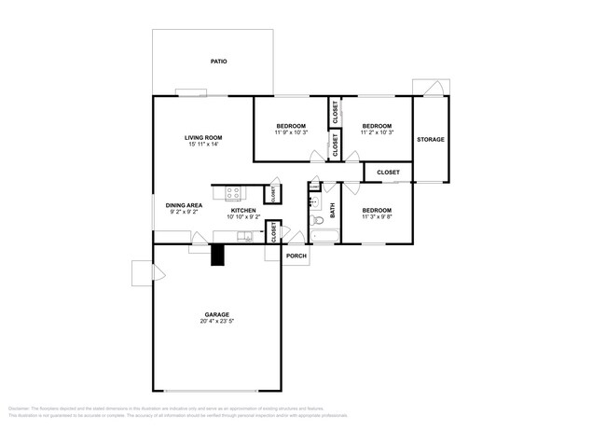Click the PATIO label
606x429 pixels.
click(219, 62)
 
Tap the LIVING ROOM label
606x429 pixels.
click(201, 137)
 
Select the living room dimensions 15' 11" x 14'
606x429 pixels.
click(201, 145)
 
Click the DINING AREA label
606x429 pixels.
click(184, 205)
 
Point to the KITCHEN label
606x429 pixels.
click(243, 211)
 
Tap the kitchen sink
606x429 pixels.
click(245, 234)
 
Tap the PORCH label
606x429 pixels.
click(296, 256)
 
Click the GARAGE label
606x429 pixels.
click(217, 314)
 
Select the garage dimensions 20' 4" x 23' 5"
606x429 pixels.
click(217, 322)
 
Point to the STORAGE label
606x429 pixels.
click(430, 140)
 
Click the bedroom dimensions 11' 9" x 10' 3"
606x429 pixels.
click(290, 133)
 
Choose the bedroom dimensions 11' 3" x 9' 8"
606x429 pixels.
click(376, 217)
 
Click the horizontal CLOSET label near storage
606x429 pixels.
click(388, 173)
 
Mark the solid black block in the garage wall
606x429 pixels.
click(217, 255)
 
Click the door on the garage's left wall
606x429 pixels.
click(144, 272)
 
